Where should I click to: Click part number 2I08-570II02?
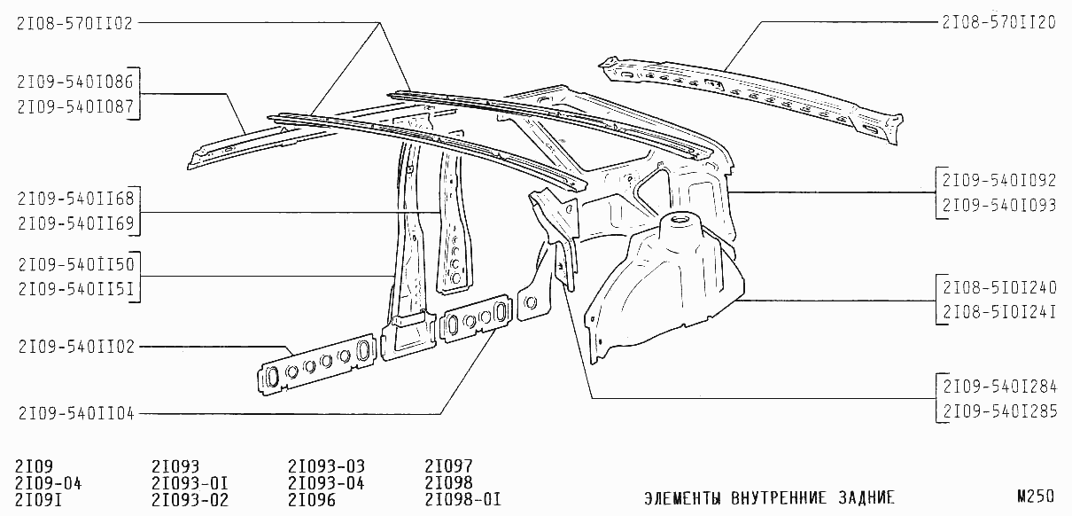click(74, 23)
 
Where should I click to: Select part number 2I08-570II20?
click(998, 22)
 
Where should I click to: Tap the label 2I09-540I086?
click(75, 82)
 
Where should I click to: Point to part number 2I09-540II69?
click(76, 223)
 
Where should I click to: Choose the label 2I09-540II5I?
click(76, 289)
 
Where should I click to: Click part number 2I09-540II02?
click(76, 347)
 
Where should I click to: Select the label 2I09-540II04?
click(76, 413)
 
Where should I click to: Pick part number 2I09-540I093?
click(999, 205)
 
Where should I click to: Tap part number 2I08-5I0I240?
click(999, 287)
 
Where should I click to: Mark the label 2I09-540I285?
click(999, 411)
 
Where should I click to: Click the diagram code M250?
click(1036, 496)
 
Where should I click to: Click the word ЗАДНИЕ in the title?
click(866, 497)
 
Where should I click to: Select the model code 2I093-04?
click(326, 483)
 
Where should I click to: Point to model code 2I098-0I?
click(462, 500)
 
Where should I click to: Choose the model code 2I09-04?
click(49, 483)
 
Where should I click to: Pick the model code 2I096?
click(312, 500)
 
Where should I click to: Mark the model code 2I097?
click(448, 465)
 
